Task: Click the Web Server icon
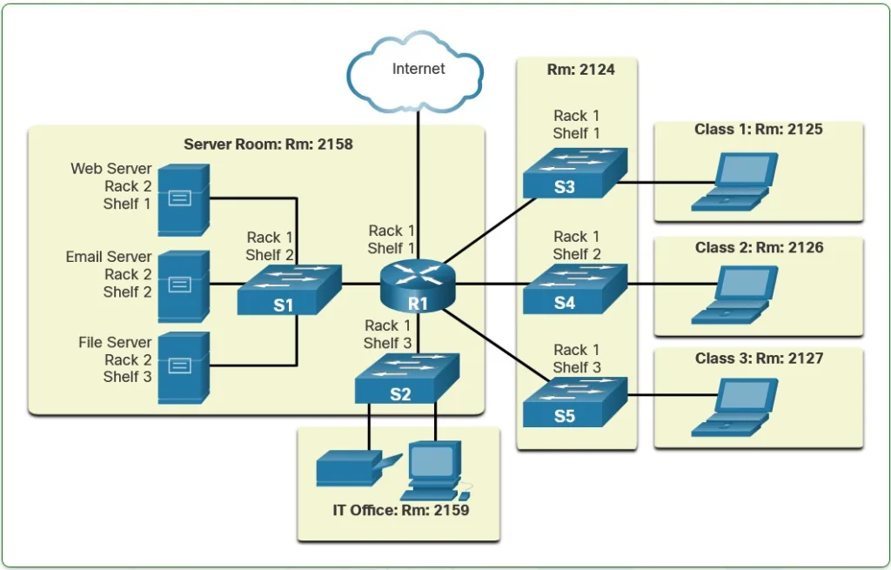click(x=183, y=199)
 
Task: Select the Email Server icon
click(x=183, y=285)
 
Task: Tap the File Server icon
click(x=183, y=368)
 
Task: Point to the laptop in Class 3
click(x=734, y=407)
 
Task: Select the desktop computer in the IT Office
click(x=433, y=470)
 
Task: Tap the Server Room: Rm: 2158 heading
click(x=268, y=144)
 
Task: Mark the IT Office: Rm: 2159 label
click(x=400, y=511)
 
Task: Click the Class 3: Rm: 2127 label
click(x=759, y=359)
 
